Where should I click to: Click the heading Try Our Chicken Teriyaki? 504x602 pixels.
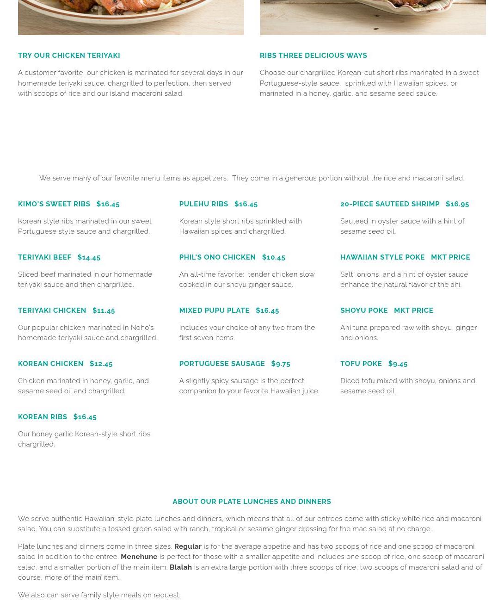(x=69, y=56)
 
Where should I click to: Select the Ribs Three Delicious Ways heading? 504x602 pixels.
(x=313, y=56)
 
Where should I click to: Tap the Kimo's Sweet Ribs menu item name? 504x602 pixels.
(x=54, y=204)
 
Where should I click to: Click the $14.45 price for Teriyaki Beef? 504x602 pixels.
(x=89, y=257)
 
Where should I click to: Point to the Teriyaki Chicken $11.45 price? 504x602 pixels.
(x=104, y=310)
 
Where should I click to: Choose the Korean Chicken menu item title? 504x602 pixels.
(x=51, y=364)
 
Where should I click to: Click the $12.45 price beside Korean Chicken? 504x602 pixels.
(x=101, y=364)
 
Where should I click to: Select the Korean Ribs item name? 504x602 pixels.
(x=43, y=417)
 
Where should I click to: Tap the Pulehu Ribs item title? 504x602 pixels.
(x=203, y=204)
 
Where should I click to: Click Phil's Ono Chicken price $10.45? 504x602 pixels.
(x=274, y=257)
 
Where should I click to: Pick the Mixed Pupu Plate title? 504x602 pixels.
(x=214, y=310)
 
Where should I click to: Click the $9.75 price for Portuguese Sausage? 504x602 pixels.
(x=281, y=364)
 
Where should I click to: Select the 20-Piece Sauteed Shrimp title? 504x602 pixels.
(x=390, y=204)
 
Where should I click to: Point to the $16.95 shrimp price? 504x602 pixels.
(x=457, y=204)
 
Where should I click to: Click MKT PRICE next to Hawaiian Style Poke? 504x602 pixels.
(x=450, y=257)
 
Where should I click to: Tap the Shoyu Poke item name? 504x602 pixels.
(x=364, y=310)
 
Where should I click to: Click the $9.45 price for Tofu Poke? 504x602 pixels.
(x=398, y=364)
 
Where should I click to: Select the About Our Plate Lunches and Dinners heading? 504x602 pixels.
(x=252, y=502)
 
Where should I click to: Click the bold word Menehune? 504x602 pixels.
(x=139, y=557)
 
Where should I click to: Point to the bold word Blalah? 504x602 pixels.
(x=180, y=567)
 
